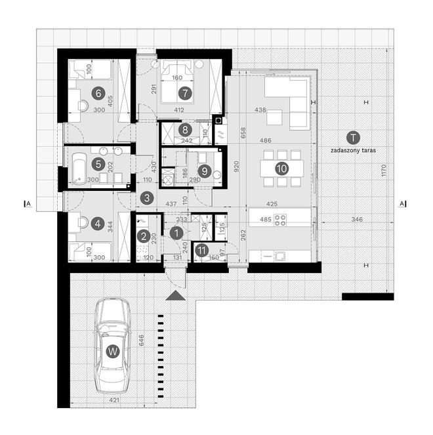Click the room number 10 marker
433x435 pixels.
click(x=282, y=168)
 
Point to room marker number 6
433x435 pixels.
click(x=100, y=93)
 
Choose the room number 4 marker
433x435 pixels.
click(x=98, y=224)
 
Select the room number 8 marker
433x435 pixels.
click(x=186, y=130)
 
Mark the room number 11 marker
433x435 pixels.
click(x=202, y=250)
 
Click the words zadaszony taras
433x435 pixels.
click(x=354, y=150)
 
